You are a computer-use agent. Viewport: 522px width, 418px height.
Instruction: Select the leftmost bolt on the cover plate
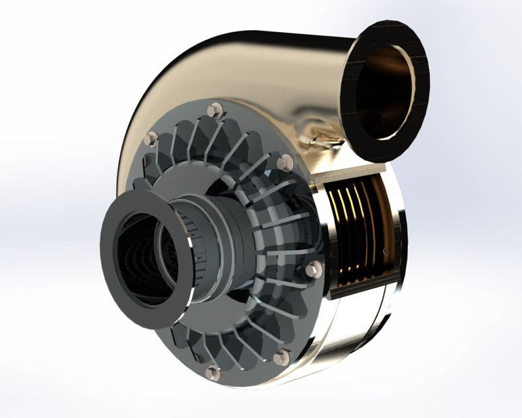(152, 138)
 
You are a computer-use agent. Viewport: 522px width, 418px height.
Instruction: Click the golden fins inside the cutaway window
(352, 229)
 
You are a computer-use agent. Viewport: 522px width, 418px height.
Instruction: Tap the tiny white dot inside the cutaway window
(386, 251)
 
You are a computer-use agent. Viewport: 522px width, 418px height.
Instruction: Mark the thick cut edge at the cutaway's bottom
(362, 287)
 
